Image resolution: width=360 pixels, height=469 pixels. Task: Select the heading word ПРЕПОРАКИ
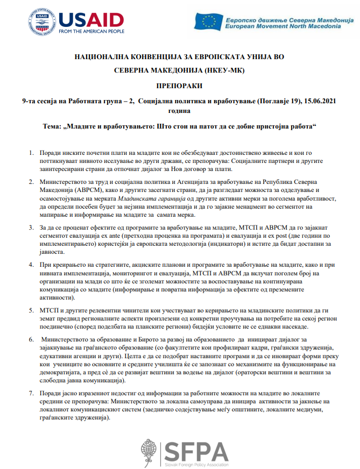(x=180, y=86)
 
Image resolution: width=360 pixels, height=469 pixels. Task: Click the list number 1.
(x=31, y=153)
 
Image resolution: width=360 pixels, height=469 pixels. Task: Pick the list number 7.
(x=31, y=393)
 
